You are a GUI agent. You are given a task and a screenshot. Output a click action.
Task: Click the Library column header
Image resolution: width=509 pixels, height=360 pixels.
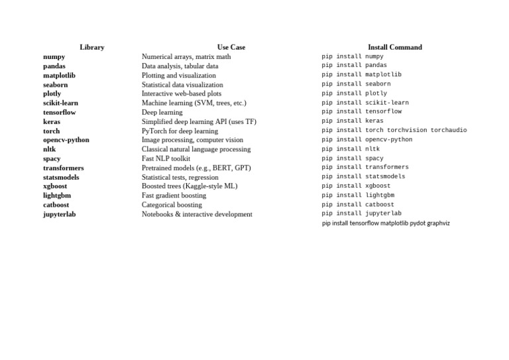[91, 47]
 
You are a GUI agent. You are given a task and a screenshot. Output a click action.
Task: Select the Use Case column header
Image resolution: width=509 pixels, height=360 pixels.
[231, 47]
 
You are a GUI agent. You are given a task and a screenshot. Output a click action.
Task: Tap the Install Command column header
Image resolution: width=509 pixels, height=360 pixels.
[394, 47]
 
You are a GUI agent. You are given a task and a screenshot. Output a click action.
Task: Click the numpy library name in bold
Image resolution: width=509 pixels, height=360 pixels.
[54, 57]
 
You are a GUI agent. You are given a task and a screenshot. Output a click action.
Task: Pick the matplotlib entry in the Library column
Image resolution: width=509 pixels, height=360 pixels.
[60, 76]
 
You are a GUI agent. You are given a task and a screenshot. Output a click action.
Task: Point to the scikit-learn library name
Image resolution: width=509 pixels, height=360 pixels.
[61, 103]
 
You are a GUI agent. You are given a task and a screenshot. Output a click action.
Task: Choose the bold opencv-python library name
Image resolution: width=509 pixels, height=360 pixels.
[66, 140]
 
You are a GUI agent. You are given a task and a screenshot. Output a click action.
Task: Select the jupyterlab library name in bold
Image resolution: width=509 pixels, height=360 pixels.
[60, 214]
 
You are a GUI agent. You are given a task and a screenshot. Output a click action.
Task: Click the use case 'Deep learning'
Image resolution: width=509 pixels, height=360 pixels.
[162, 113]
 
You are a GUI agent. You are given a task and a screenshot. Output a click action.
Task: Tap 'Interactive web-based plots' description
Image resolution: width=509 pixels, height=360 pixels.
[182, 94]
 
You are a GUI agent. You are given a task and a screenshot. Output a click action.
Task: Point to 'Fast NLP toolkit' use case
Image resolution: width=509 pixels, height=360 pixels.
[166, 158]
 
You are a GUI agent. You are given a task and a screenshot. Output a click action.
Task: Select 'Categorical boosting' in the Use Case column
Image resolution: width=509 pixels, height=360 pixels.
[172, 205]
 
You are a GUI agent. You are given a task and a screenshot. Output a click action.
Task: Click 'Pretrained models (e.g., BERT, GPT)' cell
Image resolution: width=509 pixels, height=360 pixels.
[196, 168]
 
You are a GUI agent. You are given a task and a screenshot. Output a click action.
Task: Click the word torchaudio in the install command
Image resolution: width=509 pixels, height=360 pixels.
[449, 130]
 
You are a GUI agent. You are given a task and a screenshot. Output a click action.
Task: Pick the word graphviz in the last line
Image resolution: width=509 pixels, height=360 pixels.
[439, 223]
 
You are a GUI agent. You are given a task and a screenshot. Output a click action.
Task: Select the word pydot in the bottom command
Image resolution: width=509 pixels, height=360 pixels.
[418, 223]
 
